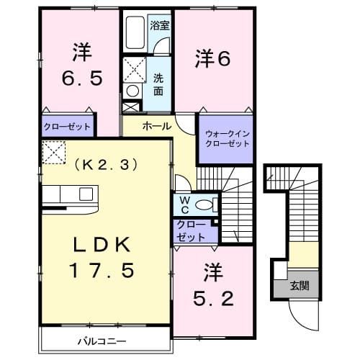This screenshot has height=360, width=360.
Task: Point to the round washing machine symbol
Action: [x=132, y=91]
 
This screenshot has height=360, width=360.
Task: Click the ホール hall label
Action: [x=156, y=126]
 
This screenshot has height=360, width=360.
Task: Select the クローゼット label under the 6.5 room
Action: [x=67, y=127]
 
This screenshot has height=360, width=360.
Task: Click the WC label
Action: [x=184, y=204]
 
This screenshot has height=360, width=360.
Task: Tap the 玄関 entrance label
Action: [x=297, y=285]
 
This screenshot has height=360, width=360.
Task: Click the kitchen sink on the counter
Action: [x=86, y=194]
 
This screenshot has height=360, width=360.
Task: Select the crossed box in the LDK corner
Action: [x=53, y=152]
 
